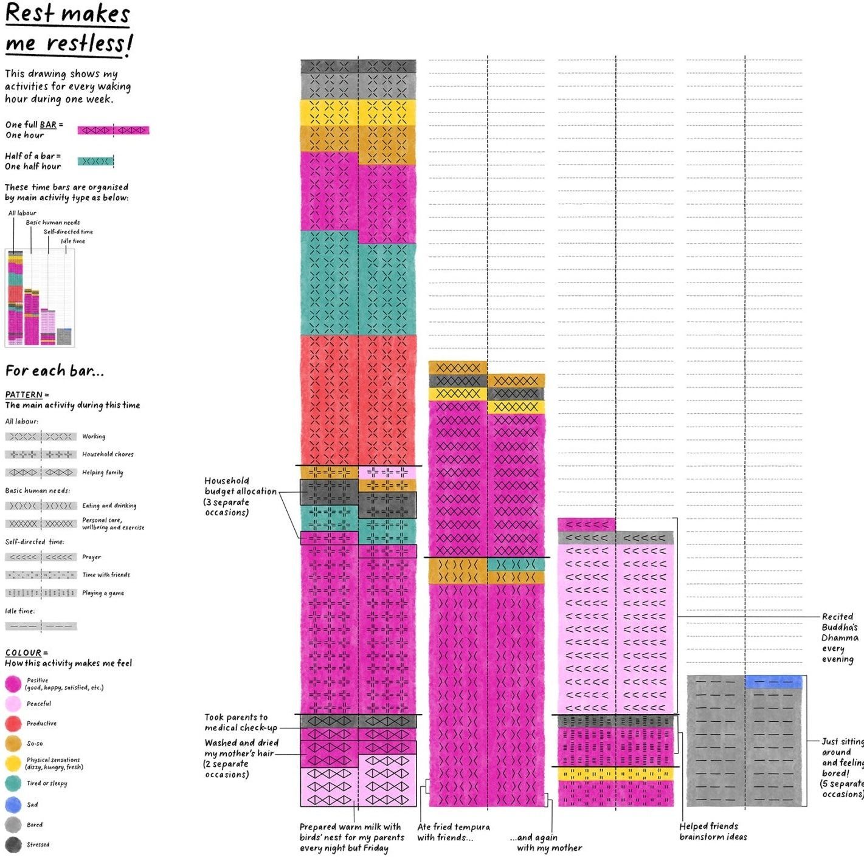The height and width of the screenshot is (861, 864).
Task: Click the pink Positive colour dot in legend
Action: point(13,684)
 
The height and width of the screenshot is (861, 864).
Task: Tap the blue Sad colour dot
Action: point(13,804)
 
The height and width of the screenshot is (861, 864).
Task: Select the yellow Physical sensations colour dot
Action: point(13,763)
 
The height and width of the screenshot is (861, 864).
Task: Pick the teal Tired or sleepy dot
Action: point(13,783)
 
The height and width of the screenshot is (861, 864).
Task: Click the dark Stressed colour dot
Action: point(13,845)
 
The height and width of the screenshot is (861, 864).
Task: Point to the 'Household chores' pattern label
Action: point(108,454)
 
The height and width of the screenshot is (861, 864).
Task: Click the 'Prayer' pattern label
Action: point(92,557)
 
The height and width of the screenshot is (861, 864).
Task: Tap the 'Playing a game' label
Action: point(103,593)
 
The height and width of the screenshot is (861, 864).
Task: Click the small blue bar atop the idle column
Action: point(773,682)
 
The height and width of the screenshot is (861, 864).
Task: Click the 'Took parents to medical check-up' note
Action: point(241,722)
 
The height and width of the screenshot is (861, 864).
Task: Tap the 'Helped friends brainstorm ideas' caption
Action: point(713,831)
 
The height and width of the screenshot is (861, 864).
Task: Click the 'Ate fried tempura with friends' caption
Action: point(453,832)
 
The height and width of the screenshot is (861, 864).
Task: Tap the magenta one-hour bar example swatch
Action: point(113,130)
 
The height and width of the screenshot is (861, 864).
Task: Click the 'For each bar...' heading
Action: point(55,371)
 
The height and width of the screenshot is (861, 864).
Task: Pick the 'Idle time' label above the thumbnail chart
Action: point(73,241)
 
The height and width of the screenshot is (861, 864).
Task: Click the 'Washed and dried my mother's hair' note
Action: point(241,758)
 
